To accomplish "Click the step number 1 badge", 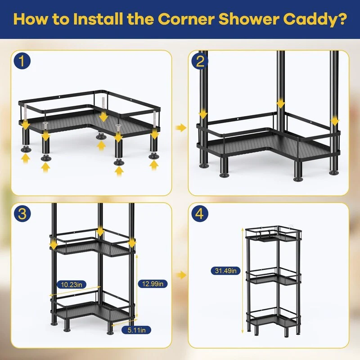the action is pos(22,61).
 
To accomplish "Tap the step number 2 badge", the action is pos(200,61).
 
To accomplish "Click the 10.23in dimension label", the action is pos(72,285).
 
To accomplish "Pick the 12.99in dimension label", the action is pos(153,284).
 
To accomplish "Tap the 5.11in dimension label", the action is pos(136,330).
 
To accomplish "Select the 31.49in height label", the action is pos(225,271).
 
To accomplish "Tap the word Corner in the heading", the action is pos(186,19).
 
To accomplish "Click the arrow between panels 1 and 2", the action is pos(181,128).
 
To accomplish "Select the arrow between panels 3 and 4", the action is pos(181,275).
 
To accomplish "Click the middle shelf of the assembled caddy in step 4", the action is pos(273,278).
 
